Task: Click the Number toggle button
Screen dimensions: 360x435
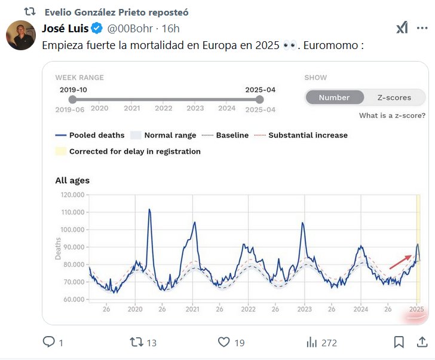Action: click(334, 97)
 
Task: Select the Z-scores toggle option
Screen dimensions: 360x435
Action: click(394, 97)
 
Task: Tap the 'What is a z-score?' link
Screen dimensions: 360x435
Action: click(392, 115)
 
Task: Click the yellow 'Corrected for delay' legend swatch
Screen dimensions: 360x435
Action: click(60, 151)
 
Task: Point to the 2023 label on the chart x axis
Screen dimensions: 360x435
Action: click(305, 310)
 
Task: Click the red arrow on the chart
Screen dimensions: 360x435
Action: click(400, 261)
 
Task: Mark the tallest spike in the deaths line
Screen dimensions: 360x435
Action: click(149, 210)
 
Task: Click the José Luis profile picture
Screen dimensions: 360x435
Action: click(20, 35)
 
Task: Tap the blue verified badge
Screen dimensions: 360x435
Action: click(97, 28)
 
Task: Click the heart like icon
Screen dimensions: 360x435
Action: click(224, 342)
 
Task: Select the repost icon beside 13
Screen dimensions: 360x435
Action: click(136, 342)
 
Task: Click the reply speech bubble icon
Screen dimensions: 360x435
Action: click(49, 342)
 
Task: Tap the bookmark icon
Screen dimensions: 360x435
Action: click(399, 342)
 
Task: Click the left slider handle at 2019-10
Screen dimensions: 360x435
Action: click(72, 100)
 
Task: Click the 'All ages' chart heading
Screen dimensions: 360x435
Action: click(72, 180)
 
